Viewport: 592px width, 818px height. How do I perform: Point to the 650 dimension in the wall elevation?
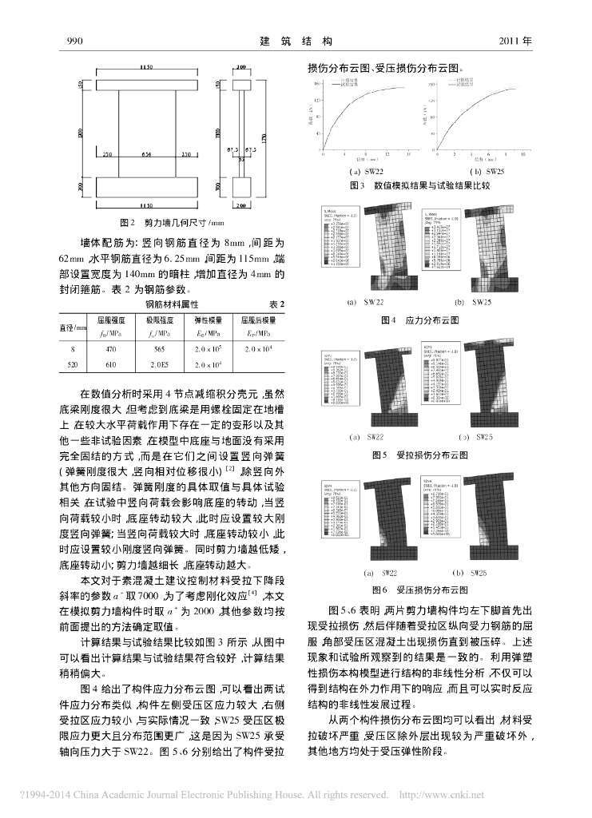click(x=147, y=153)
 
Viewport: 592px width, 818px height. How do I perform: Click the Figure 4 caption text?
click(x=419, y=320)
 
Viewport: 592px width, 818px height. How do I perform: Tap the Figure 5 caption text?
click(x=419, y=455)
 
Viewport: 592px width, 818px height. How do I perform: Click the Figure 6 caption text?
click(x=419, y=590)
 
